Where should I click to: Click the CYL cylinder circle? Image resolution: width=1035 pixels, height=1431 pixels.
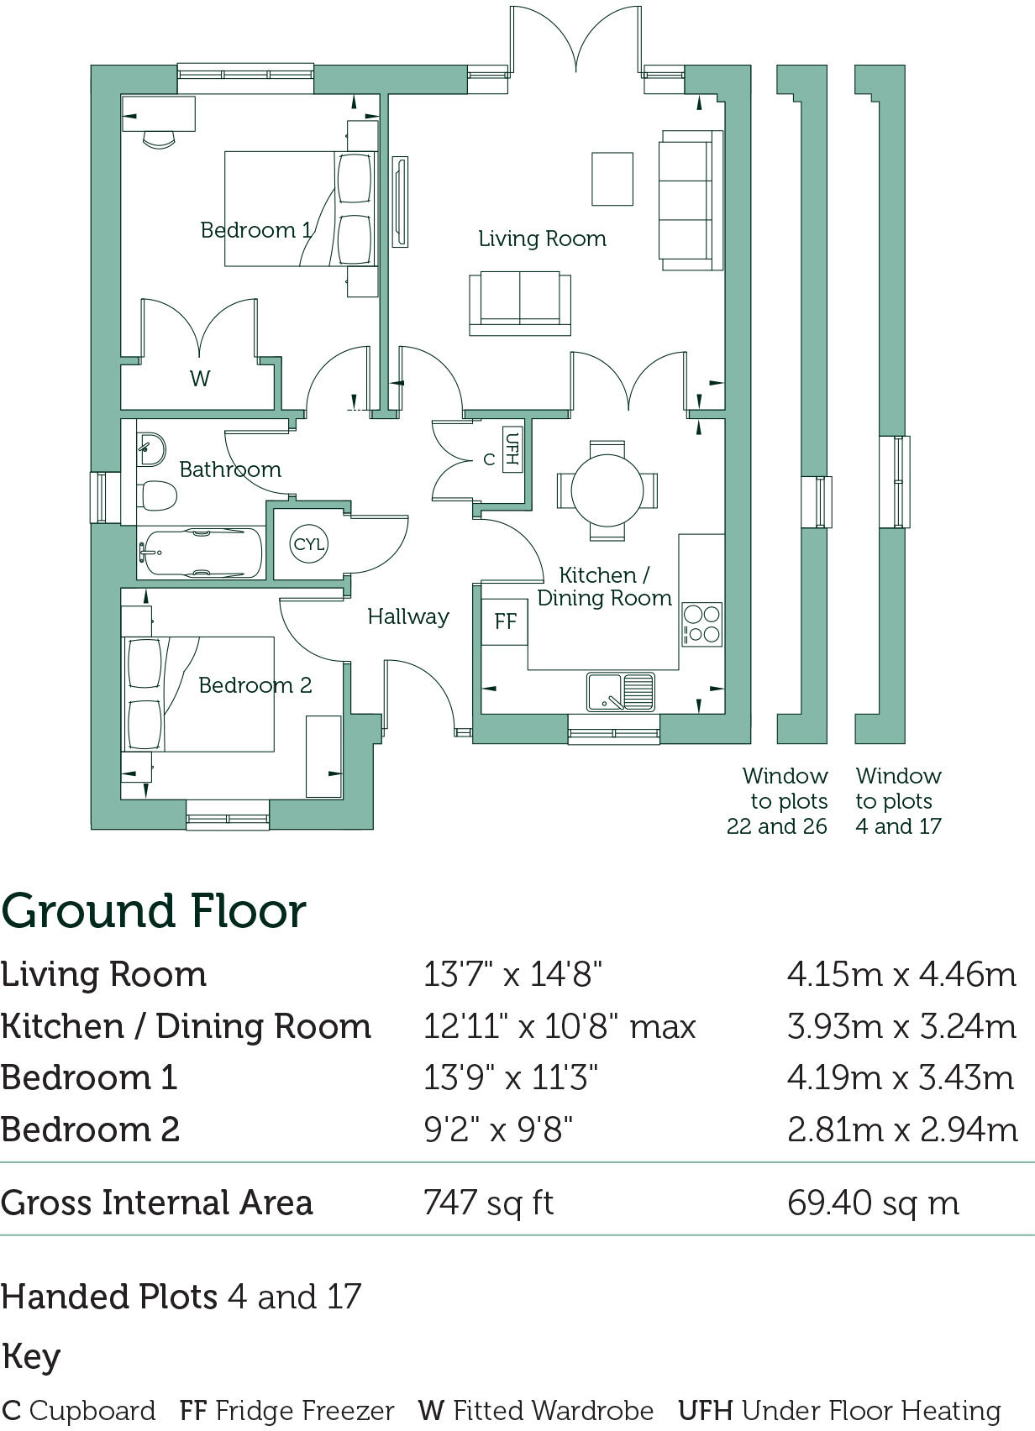(308, 543)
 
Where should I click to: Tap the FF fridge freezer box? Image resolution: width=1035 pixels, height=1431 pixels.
(505, 621)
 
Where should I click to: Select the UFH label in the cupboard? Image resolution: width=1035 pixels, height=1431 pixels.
(512, 450)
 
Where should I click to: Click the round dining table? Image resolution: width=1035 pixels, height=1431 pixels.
(607, 490)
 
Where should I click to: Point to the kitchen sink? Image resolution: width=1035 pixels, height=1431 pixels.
(620, 692)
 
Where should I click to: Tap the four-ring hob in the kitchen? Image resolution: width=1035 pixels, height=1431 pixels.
(701, 624)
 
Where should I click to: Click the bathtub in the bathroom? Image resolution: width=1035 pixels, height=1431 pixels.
(199, 552)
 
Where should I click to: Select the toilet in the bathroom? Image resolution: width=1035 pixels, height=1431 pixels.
(156, 495)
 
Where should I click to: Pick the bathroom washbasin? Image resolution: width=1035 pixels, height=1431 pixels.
(150, 448)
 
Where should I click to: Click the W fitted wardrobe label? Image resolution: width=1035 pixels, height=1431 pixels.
(200, 378)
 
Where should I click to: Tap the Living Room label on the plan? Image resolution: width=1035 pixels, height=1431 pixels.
(543, 239)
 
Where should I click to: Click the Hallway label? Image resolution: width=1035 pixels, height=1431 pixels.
(408, 616)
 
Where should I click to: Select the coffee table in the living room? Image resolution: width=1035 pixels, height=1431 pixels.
(612, 179)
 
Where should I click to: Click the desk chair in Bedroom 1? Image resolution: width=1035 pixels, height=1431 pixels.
(159, 139)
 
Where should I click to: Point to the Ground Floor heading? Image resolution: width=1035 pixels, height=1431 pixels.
(154, 912)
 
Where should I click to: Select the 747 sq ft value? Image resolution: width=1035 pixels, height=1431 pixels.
(489, 1203)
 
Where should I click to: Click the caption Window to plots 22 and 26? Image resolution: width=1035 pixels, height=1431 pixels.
(778, 801)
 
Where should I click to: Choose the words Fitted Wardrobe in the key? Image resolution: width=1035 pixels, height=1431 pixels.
(554, 1411)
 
